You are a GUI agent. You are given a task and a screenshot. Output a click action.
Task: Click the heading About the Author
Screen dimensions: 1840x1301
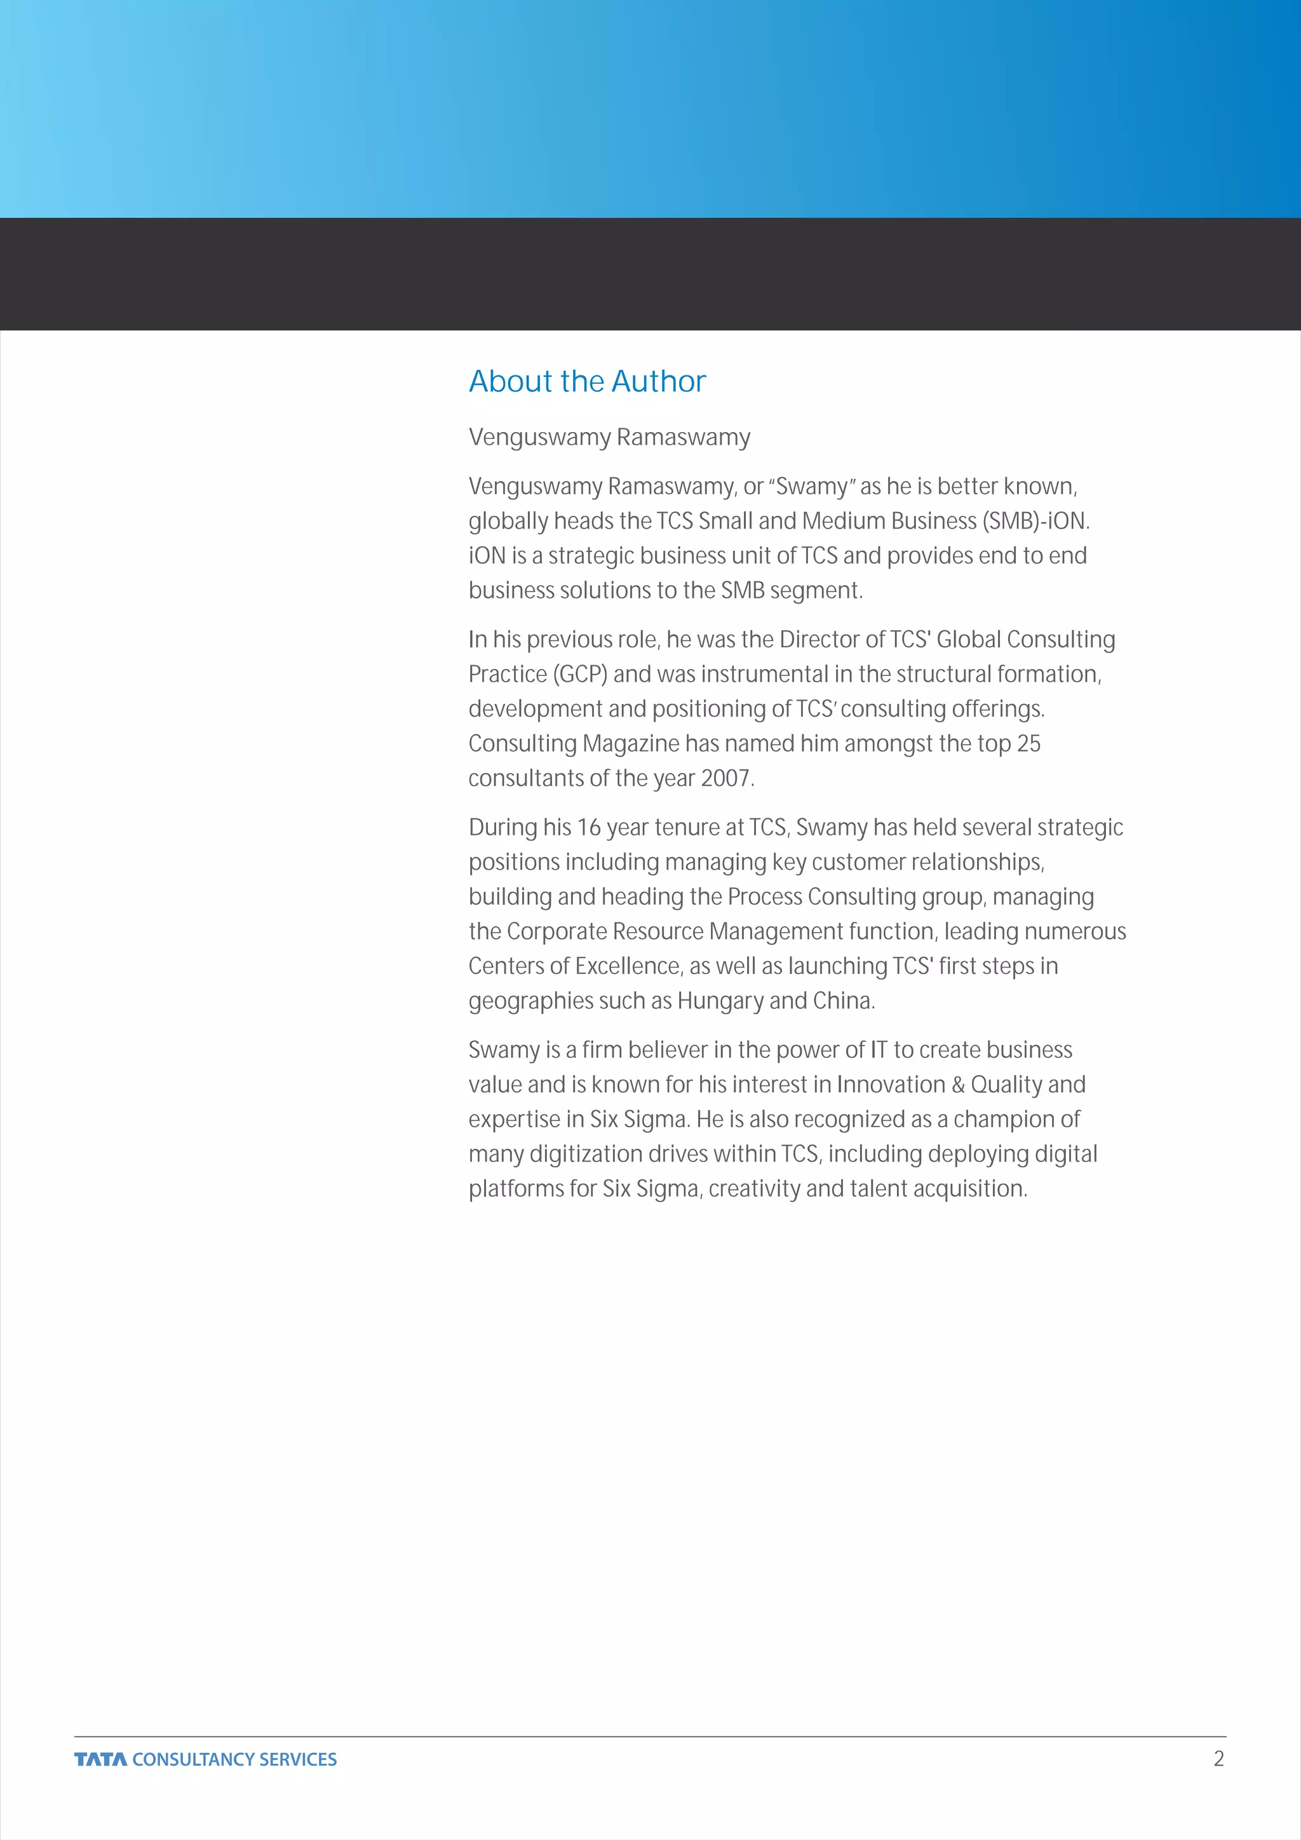pyautogui.click(x=586, y=381)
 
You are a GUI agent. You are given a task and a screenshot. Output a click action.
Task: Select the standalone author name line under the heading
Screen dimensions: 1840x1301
pyautogui.click(x=609, y=438)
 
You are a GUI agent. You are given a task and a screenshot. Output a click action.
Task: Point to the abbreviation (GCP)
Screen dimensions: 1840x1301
pyautogui.click(x=579, y=674)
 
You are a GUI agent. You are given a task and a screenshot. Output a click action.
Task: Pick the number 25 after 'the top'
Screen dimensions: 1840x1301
pyautogui.click(x=1028, y=744)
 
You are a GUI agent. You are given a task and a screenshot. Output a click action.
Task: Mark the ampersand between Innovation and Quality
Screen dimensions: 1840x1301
pyautogui.click(x=958, y=1085)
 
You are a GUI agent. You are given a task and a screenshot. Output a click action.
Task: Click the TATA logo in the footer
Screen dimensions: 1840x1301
pyautogui.click(x=100, y=1759)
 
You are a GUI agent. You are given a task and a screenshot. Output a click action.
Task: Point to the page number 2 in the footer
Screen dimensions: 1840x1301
pyautogui.click(x=1218, y=1758)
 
